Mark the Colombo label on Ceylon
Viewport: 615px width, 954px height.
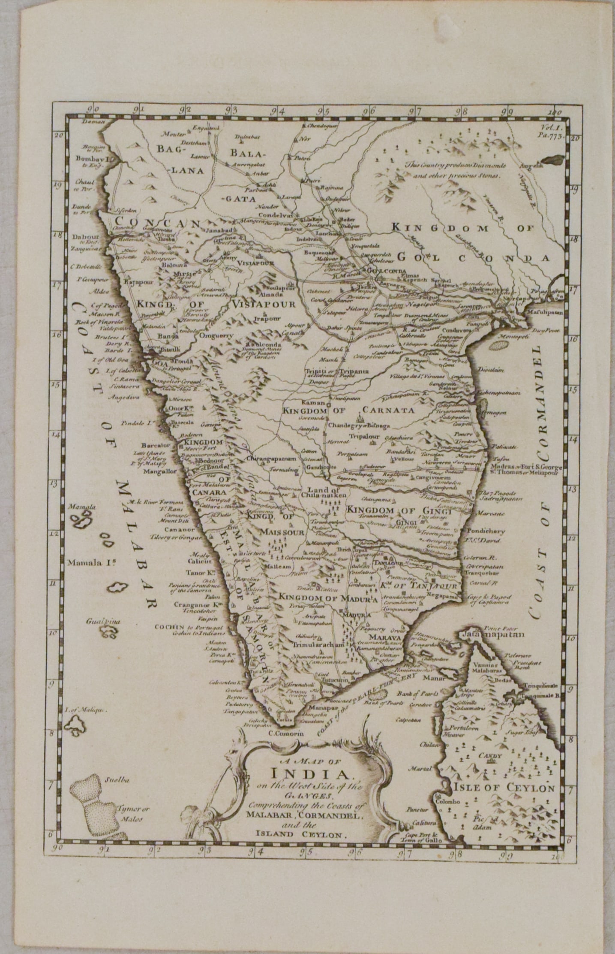click(448, 801)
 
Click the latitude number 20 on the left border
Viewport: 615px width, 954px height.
click(59, 135)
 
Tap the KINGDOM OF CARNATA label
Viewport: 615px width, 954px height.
click(348, 411)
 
